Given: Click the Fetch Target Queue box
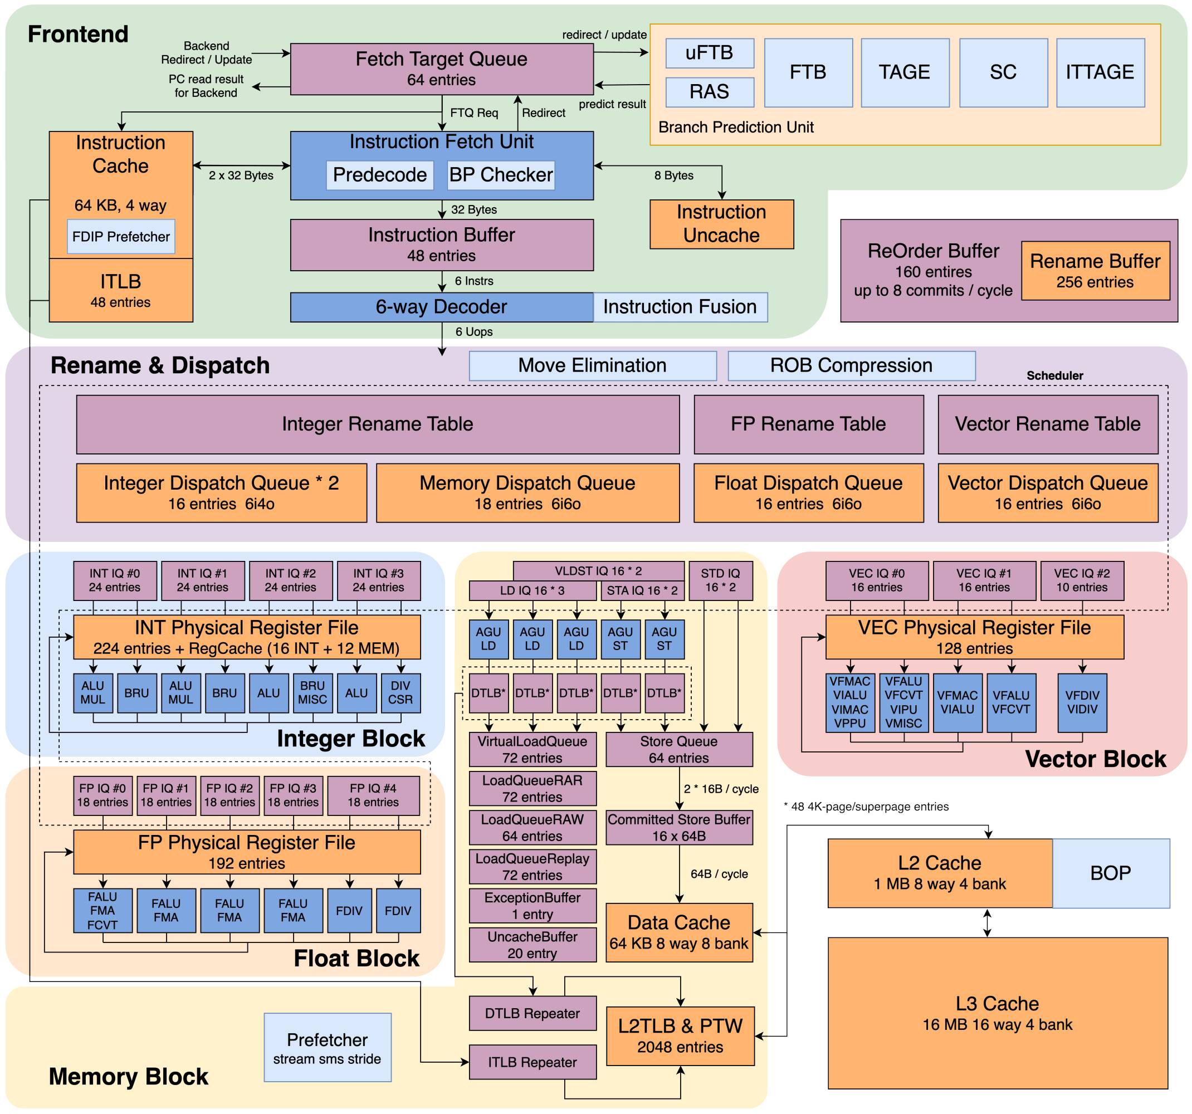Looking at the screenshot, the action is pyautogui.click(x=442, y=69).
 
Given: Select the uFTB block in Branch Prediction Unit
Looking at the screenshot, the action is pyautogui.click(x=709, y=53).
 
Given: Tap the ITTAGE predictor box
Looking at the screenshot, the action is pyautogui.click(x=1100, y=72).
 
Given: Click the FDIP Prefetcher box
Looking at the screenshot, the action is pyautogui.click(x=121, y=237).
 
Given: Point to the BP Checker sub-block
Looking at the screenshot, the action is pyautogui.click(x=501, y=175).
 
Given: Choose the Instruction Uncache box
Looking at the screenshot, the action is pyautogui.click(x=722, y=224).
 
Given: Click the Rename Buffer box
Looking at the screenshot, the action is pyautogui.click(x=1096, y=270).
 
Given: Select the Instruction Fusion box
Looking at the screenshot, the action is pyautogui.click(x=680, y=307).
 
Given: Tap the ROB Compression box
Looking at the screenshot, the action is pyautogui.click(x=852, y=366).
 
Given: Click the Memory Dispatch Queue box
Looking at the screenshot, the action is pyautogui.click(x=527, y=493).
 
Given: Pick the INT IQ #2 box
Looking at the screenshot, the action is pyautogui.click(x=290, y=580).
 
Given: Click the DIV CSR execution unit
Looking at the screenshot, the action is pyautogui.click(x=400, y=692).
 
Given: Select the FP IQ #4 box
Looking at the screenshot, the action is pyautogui.click(x=373, y=795).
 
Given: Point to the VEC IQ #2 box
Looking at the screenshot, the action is pyautogui.click(x=1082, y=580).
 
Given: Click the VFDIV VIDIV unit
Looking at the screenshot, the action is pyautogui.click(x=1082, y=703).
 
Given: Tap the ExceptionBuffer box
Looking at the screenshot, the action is pyautogui.click(x=533, y=906).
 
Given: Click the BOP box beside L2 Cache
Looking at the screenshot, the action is pyautogui.click(x=1111, y=873).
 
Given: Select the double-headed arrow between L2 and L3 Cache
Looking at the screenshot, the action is pyautogui.click(x=988, y=923).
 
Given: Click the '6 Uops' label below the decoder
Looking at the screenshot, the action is pyautogui.click(x=473, y=331).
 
